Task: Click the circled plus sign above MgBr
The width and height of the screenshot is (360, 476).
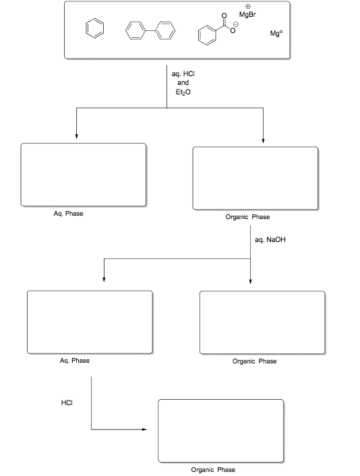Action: pos(248,7)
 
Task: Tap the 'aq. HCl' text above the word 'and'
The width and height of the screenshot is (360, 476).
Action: pos(183,73)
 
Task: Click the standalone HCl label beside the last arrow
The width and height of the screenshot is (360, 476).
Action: pos(67,403)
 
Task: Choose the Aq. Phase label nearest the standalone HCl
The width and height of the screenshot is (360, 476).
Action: pos(74,361)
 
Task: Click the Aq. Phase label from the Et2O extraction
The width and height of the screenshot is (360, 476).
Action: pos(68,214)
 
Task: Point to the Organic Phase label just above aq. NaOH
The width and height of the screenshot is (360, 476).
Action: pos(247,217)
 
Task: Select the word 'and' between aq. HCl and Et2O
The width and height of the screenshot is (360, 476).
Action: pos(183,82)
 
